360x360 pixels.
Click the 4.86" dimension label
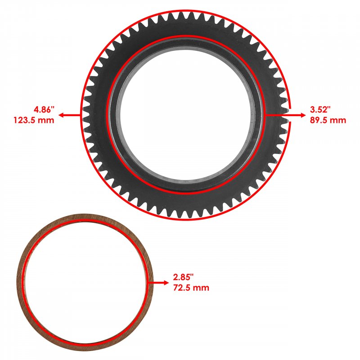tap(44, 109)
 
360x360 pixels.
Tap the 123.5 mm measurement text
tap(34, 120)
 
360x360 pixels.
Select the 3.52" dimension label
tap(320, 109)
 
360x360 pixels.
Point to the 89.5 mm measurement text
tap(328, 120)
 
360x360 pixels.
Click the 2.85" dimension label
tap(184, 277)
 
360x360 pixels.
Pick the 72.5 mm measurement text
tap(191, 288)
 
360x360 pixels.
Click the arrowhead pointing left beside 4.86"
tap(61, 115)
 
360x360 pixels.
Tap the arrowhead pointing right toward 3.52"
tap(303, 115)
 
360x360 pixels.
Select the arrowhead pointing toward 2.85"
tap(166, 283)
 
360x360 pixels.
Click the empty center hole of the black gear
tap(185, 114)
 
